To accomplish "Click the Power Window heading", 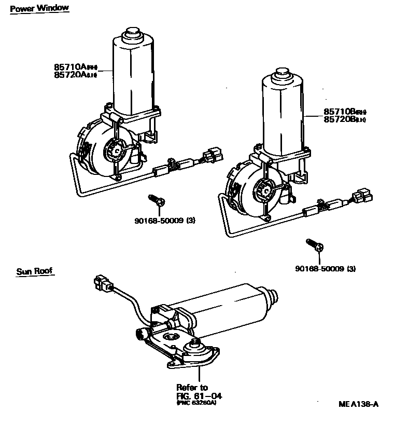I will (x=39, y=8).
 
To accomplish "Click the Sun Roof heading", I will (x=35, y=271).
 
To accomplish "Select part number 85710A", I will (x=69, y=67).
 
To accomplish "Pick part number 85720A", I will (x=69, y=75).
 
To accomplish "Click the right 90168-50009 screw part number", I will (x=319, y=268).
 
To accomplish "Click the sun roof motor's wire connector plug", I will (x=102, y=283).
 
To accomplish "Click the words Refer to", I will (x=192, y=387).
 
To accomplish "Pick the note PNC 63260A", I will (x=196, y=403).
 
